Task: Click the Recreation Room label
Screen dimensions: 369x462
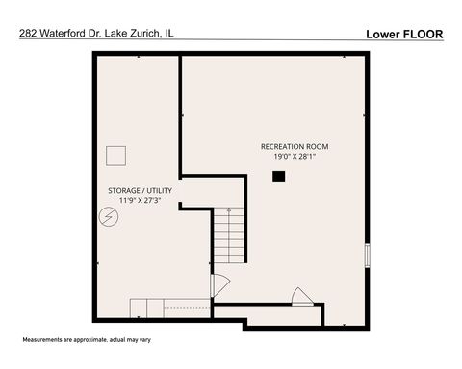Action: pyautogui.click(x=295, y=146)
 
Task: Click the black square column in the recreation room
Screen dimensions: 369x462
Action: pyautogui.click(x=278, y=176)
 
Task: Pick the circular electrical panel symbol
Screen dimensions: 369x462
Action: pyautogui.click(x=109, y=219)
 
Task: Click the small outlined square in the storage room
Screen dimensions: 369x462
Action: pyautogui.click(x=116, y=156)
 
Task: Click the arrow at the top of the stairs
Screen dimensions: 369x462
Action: pyautogui.click(x=228, y=210)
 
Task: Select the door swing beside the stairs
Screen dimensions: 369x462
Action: pyautogui.click(x=219, y=285)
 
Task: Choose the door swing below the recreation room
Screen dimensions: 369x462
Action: pyautogui.click(x=302, y=296)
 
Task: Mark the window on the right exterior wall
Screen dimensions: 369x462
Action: pyautogui.click(x=367, y=256)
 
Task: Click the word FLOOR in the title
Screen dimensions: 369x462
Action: pyautogui.click(x=423, y=34)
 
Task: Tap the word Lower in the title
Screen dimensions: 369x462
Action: pyautogui.click(x=382, y=34)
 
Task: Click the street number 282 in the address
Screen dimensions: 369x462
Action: pyautogui.click(x=28, y=33)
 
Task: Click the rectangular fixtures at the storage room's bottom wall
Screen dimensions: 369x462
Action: pyautogui.click(x=147, y=307)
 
